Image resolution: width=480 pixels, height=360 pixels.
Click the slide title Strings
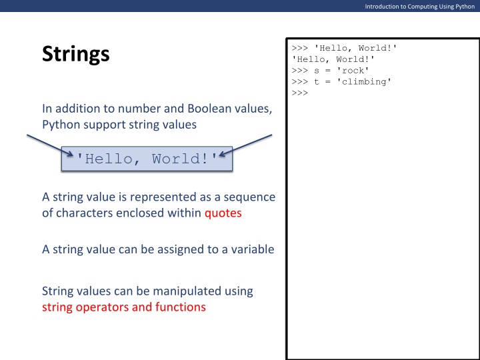point(75,53)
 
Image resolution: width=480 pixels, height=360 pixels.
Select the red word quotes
point(223,213)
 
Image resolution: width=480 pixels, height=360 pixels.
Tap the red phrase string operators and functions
point(123,307)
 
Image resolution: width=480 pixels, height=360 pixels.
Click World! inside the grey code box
point(184,159)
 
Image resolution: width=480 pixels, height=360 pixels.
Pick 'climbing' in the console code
point(366,81)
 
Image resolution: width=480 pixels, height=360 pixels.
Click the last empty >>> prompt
point(299,93)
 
